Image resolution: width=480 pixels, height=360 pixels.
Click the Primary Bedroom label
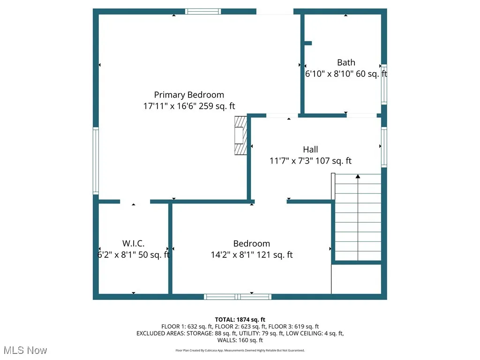(x=189, y=95)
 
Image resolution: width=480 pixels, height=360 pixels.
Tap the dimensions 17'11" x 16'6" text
(x=189, y=106)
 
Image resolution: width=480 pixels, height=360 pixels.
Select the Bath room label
(x=346, y=62)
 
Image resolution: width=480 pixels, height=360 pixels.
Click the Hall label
(x=310, y=150)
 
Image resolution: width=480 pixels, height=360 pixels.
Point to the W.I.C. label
(x=133, y=244)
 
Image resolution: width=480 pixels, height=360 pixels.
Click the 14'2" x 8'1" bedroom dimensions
(x=252, y=255)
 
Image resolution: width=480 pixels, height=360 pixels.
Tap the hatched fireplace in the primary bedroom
(x=240, y=135)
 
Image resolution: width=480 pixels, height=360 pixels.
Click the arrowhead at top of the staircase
(x=358, y=177)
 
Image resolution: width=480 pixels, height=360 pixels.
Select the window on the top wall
(x=203, y=12)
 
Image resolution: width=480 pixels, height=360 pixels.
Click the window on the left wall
(x=96, y=161)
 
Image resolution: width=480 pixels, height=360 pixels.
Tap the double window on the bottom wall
(x=238, y=296)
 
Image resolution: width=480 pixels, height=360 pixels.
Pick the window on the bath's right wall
(x=383, y=84)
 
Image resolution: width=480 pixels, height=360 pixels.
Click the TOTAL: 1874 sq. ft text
(x=240, y=320)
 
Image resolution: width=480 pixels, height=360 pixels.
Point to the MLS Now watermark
(x=25, y=350)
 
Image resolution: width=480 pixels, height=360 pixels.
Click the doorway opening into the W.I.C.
(x=135, y=202)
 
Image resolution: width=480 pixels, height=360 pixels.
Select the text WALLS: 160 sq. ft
(x=240, y=340)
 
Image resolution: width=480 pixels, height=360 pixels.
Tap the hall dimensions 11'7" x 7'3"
(x=310, y=161)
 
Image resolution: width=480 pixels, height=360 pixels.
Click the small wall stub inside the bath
(x=308, y=43)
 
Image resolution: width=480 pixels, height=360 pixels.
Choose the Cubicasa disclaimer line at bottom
(x=240, y=350)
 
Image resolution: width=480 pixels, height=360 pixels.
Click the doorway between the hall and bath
(x=282, y=115)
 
